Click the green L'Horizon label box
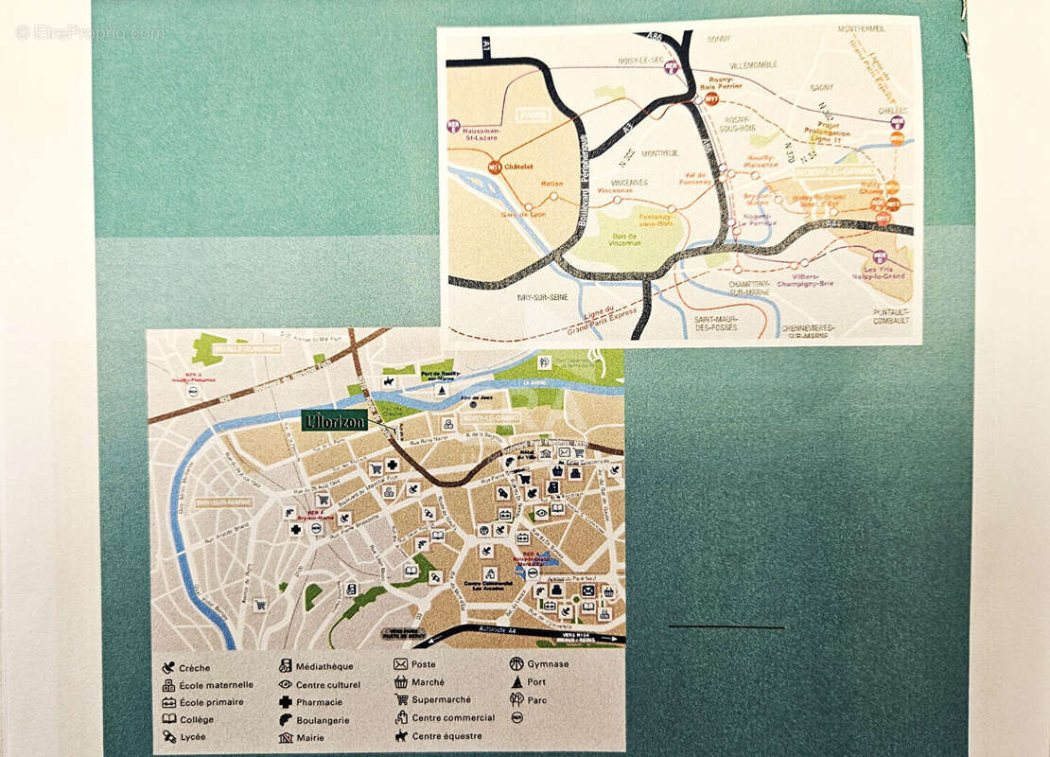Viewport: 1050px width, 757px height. tap(335, 421)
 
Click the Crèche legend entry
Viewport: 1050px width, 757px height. tap(193, 668)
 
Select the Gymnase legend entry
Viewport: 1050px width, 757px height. tap(548, 664)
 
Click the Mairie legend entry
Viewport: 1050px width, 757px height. tap(309, 737)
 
